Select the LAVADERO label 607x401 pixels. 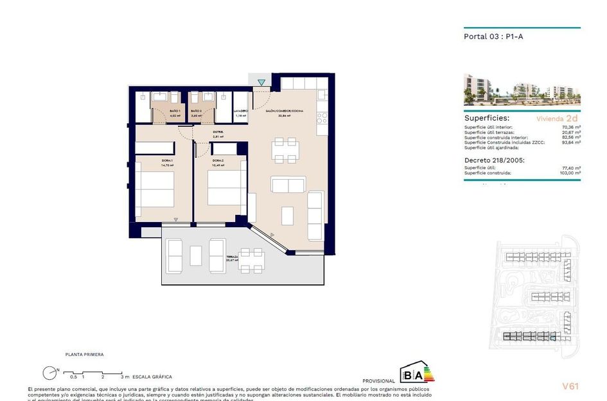coord(241,111)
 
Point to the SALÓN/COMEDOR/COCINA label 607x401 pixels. coord(285,111)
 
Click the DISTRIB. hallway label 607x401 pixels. coord(218,132)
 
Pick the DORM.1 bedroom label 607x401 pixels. coord(167,160)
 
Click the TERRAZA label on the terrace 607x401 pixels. coord(232,257)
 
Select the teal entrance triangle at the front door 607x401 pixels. coord(261,82)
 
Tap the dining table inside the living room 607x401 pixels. coord(284,149)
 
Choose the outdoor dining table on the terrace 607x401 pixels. coord(252,260)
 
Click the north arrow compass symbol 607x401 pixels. coord(49,372)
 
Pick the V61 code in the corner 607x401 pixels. coord(570,386)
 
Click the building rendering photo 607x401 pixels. coord(522,89)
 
